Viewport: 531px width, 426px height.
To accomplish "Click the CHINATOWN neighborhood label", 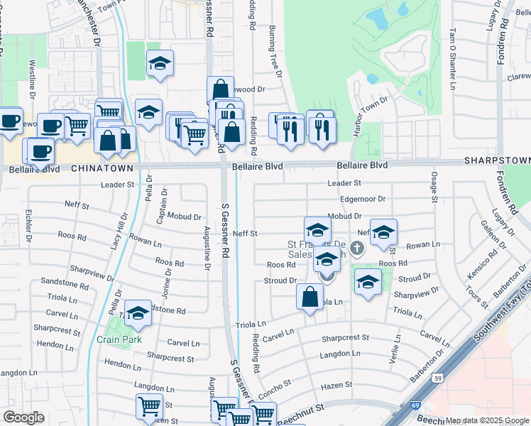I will point(102,168).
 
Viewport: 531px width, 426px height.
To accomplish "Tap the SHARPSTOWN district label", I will point(497,161).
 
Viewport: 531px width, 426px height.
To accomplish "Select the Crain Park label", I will point(114,339).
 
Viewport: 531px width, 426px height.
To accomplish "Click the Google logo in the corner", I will point(23,417).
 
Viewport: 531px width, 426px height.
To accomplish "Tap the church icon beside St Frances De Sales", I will point(356,248).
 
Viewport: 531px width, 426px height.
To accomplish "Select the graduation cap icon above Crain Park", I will point(138,312).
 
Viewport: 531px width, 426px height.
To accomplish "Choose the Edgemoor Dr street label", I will point(362,200).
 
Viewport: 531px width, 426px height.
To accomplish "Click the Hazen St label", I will point(337,385).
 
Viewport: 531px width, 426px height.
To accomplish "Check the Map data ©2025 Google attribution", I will point(486,420).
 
